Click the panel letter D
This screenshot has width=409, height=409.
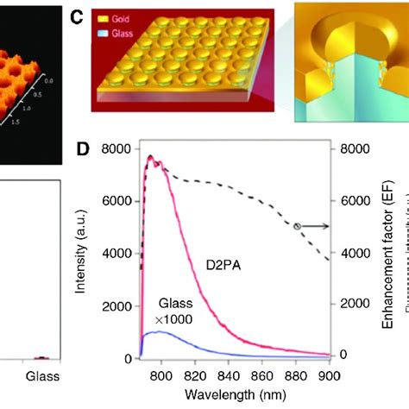pyautogui.click(x=84, y=148)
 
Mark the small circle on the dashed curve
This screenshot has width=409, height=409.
pyautogui.click(x=297, y=226)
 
